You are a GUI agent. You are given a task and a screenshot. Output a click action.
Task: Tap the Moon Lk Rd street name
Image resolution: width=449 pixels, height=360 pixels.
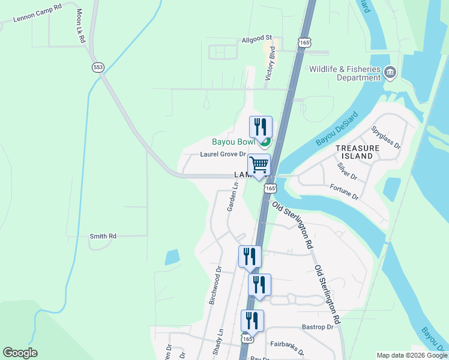pos(80,25)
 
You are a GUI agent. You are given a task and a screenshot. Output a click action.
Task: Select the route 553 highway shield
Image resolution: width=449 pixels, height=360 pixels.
pos(98,67)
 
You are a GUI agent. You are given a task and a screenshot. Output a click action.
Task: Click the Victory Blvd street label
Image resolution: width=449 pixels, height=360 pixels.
pos(271,63)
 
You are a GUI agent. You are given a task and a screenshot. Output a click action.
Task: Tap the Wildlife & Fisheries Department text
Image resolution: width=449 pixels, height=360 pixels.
pos(345,73)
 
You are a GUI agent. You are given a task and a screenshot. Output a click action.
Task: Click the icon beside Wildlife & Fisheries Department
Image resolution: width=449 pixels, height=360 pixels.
pos(390,73)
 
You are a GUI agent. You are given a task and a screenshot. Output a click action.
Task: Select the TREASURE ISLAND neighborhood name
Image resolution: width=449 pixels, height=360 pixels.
pos(358,152)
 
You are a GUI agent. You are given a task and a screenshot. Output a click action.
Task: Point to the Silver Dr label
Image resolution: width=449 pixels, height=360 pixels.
pos(347,172)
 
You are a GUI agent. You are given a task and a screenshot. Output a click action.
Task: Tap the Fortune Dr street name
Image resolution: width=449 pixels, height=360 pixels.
pos(344,193)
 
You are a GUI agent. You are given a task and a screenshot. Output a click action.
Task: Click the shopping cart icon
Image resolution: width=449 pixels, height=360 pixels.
pos(259,164)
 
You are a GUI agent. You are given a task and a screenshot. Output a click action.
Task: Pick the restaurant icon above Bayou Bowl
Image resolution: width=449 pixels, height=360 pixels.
pos(261,127)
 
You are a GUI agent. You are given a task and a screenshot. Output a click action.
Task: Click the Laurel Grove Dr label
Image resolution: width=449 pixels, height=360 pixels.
pos(223,154)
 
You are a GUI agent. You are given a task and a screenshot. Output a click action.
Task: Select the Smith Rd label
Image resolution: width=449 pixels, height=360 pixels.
pos(103,236)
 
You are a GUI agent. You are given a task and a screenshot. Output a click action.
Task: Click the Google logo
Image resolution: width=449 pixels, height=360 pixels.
pos(20,353)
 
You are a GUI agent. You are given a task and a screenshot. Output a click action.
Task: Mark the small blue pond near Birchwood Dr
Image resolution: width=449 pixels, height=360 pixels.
pos(172,257)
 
